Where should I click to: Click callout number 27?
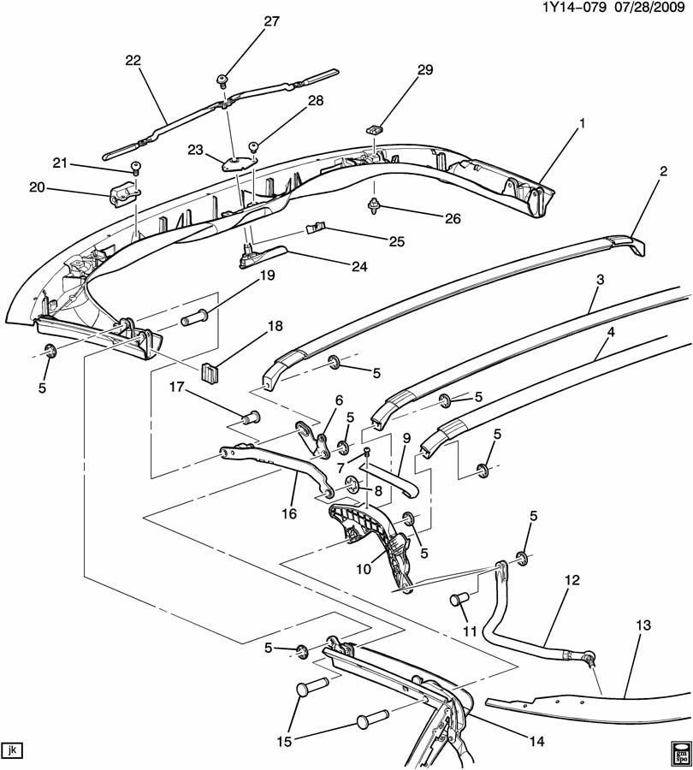tap(271, 21)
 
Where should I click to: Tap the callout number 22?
tap(133, 61)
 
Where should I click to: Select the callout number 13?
tap(643, 625)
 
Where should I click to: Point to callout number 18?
tap(275, 326)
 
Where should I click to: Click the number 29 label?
tap(425, 70)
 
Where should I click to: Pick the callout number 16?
tap(289, 513)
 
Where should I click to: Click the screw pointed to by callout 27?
tap(222, 80)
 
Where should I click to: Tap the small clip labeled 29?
tap(374, 130)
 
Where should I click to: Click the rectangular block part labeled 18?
tap(210, 372)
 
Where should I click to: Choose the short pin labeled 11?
tap(459, 600)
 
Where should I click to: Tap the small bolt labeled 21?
tap(134, 168)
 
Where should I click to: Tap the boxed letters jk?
tap(13, 749)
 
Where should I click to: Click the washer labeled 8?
tap(352, 483)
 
